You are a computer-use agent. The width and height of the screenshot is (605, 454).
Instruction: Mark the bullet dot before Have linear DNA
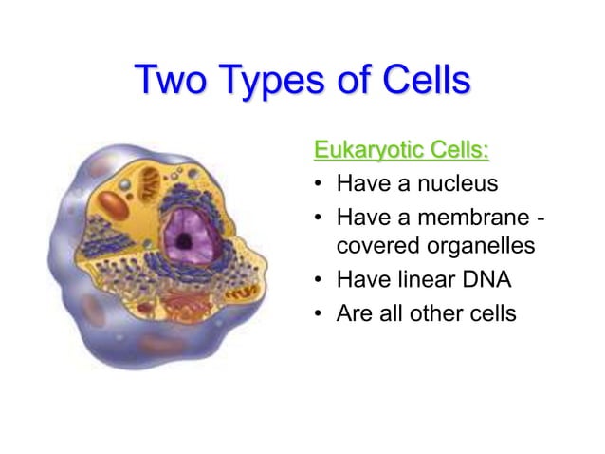click(x=320, y=281)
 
